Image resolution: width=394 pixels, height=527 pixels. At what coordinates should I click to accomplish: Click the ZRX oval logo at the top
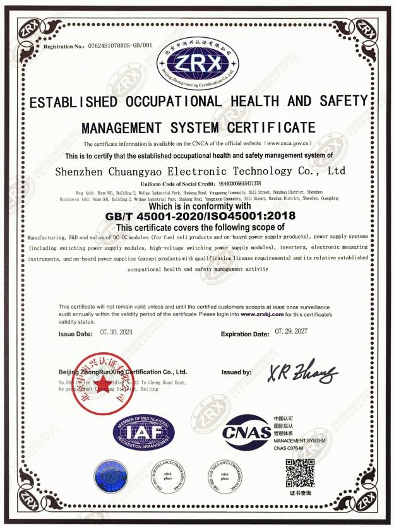(197, 63)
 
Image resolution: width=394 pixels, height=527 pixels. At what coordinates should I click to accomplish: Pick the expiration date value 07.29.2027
(297, 331)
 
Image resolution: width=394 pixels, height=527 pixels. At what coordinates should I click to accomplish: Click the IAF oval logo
(141, 433)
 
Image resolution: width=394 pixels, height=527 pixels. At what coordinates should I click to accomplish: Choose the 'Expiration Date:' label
(246, 334)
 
